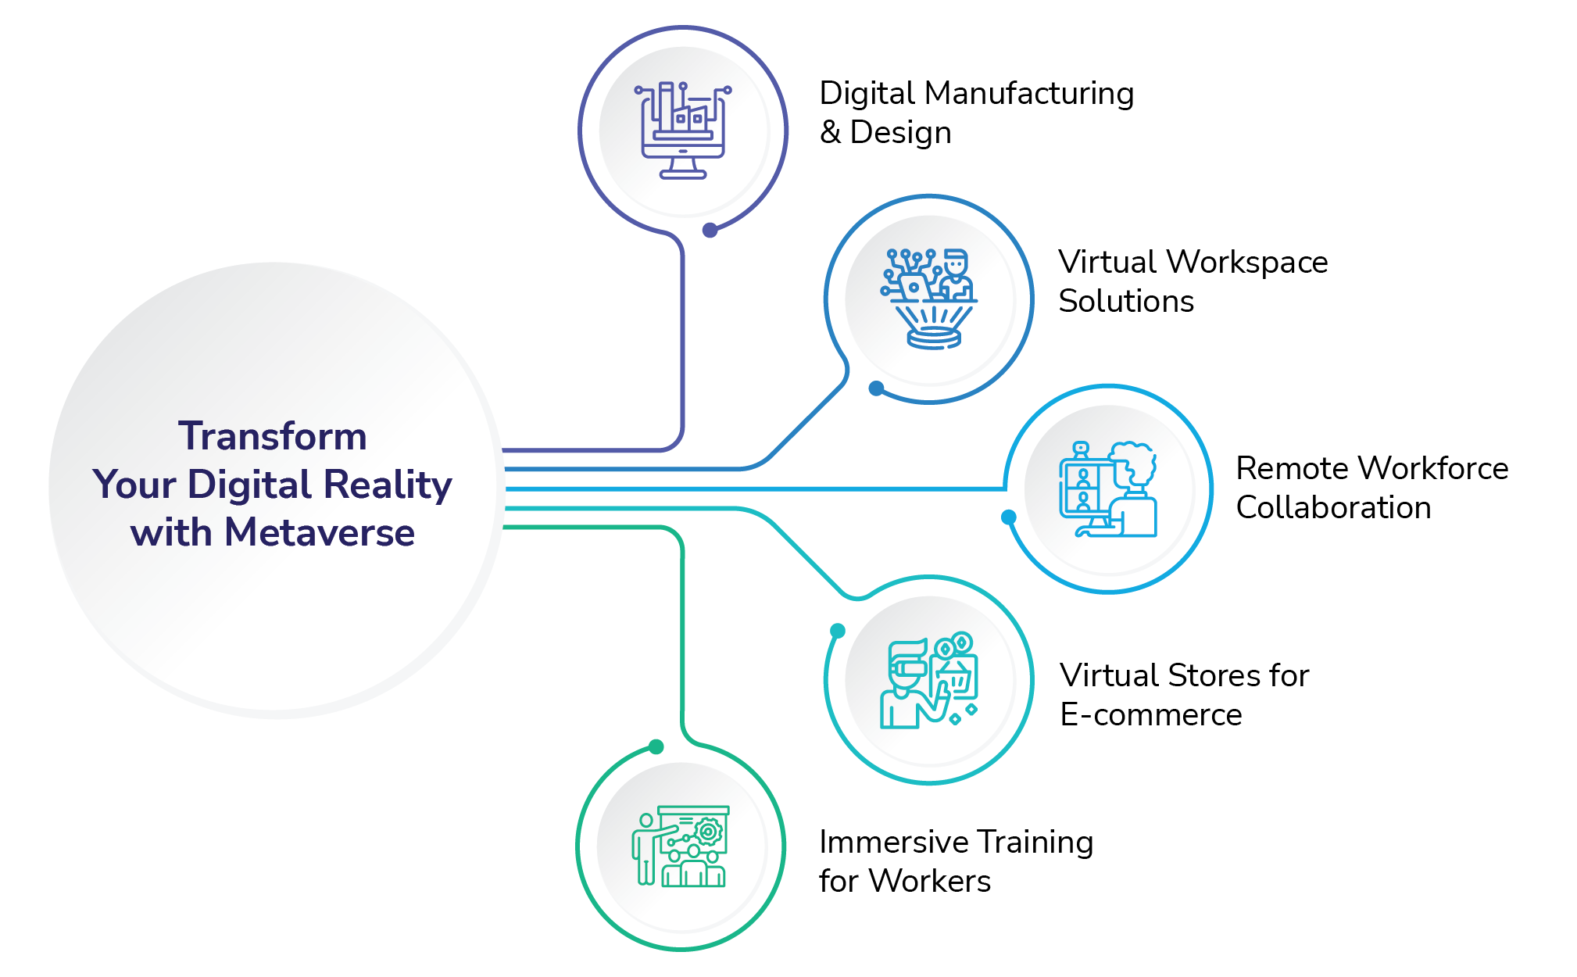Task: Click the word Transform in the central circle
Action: click(x=272, y=436)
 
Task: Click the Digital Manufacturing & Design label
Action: click(x=975, y=113)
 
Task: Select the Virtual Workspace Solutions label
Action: click(x=1192, y=281)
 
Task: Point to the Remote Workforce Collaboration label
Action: click(x=1371, y=488)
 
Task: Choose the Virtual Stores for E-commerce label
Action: click(x=1183, y=695)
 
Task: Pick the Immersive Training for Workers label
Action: click(x=955, y=861)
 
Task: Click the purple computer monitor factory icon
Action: click(x=683, y=130)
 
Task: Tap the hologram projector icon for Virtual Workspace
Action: click(x=929, y=299)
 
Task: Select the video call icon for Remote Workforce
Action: click(x=1108, y=489)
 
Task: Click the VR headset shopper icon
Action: click(x=929, y=680)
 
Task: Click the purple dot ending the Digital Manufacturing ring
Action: click(x=710, y=230)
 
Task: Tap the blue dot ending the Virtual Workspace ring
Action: click(x=877, y=388)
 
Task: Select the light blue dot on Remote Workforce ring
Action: click(x=1009, y=517)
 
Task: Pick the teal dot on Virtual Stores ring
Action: click(x=838, y=631)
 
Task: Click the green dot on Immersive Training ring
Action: click(x=656, y=747)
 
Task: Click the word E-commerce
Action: click(x=1150, y=714)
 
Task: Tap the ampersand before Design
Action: click(x=830, y=132)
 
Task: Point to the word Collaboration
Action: click(x=1333, y=508)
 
